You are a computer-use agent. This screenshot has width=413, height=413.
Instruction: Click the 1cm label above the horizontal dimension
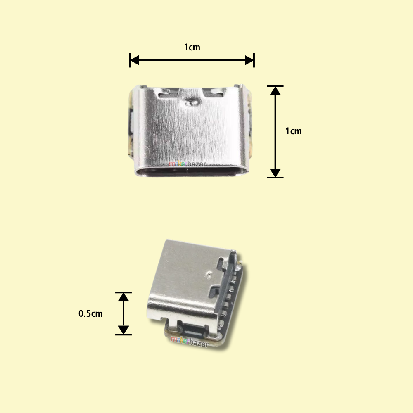(192, 47)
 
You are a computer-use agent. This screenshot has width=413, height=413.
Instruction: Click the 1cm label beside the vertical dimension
(294, 131)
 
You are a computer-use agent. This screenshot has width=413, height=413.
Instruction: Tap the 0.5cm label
(90, 314)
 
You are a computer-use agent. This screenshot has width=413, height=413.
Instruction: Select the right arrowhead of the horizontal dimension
(249, 60)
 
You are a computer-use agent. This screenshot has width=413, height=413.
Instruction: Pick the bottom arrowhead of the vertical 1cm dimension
(275, 173)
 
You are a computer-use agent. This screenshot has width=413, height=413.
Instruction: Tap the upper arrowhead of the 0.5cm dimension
(123, 297)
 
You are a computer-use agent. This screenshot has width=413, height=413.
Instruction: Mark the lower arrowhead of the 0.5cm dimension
(123, 330)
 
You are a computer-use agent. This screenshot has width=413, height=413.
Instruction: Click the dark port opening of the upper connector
(192, 171)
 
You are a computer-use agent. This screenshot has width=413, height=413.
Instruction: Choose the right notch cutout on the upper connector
(216, 93)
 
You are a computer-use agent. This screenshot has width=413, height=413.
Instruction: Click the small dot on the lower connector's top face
(209, 273)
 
